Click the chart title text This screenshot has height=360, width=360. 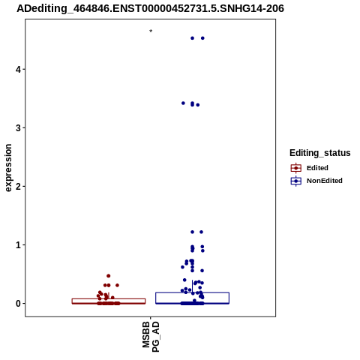tap(150, 9)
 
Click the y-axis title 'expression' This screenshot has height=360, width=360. tap(8, 168)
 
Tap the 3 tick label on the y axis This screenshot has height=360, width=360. tap(18, 128)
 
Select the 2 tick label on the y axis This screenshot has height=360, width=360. tap(18, 187)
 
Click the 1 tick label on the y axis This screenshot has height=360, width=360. tap(18, 245)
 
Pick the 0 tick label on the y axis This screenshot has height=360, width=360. tap(18, 304)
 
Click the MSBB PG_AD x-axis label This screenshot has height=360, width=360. tap(151, 337)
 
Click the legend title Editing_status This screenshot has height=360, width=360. tap(320, 153)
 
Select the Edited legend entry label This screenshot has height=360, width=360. tap(317, 168)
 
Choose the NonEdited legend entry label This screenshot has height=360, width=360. tap(325, 181)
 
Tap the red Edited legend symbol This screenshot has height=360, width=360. tap(296, 168)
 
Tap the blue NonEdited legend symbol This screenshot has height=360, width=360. tap(296, 181)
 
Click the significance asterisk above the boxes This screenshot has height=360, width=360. tap(151, 31)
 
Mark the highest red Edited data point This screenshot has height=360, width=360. tap(109, 276)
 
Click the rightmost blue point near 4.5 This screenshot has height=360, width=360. tap(202, 38)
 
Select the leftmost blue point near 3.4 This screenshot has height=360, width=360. tap(183, 103)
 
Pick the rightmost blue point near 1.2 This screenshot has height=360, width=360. tap(201, 232)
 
